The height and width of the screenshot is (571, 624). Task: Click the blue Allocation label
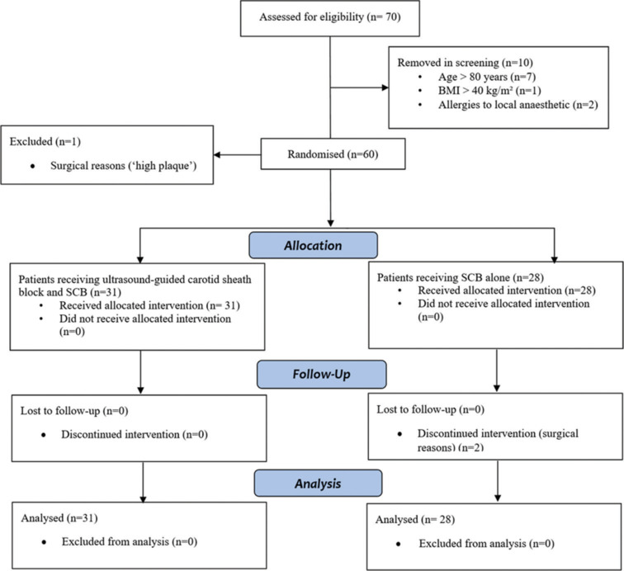[313, 245]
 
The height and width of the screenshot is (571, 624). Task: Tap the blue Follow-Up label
[322, 374]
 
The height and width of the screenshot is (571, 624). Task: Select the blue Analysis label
[318, 483]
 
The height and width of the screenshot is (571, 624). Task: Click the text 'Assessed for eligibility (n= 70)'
[330, 17]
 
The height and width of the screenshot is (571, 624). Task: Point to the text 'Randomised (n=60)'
[333, 154]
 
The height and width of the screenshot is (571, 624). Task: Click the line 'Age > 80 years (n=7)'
[487, 77]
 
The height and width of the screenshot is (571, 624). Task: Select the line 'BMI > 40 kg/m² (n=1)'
[489, 90]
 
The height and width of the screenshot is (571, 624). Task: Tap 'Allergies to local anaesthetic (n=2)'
[518, 105]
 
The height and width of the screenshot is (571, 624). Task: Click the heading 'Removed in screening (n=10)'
[466, 63]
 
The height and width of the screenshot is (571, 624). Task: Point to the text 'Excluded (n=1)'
[45, 142]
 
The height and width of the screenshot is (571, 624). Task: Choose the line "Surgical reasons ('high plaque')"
[123, 166]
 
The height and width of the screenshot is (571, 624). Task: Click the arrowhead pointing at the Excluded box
[217, 155]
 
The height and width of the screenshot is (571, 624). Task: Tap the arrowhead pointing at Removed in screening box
[385, 87]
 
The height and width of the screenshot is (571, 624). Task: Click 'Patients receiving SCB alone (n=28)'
[461, 277]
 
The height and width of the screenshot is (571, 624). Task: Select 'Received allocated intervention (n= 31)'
[149, 305]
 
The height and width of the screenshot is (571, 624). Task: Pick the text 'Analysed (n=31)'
[59, 517]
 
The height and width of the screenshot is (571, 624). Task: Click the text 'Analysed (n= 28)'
[415, 519]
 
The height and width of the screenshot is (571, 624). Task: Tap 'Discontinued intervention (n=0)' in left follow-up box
[135, 434]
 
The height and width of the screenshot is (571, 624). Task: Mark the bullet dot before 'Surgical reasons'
[33, 166]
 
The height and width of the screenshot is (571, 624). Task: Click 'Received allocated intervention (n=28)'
[507, 290]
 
